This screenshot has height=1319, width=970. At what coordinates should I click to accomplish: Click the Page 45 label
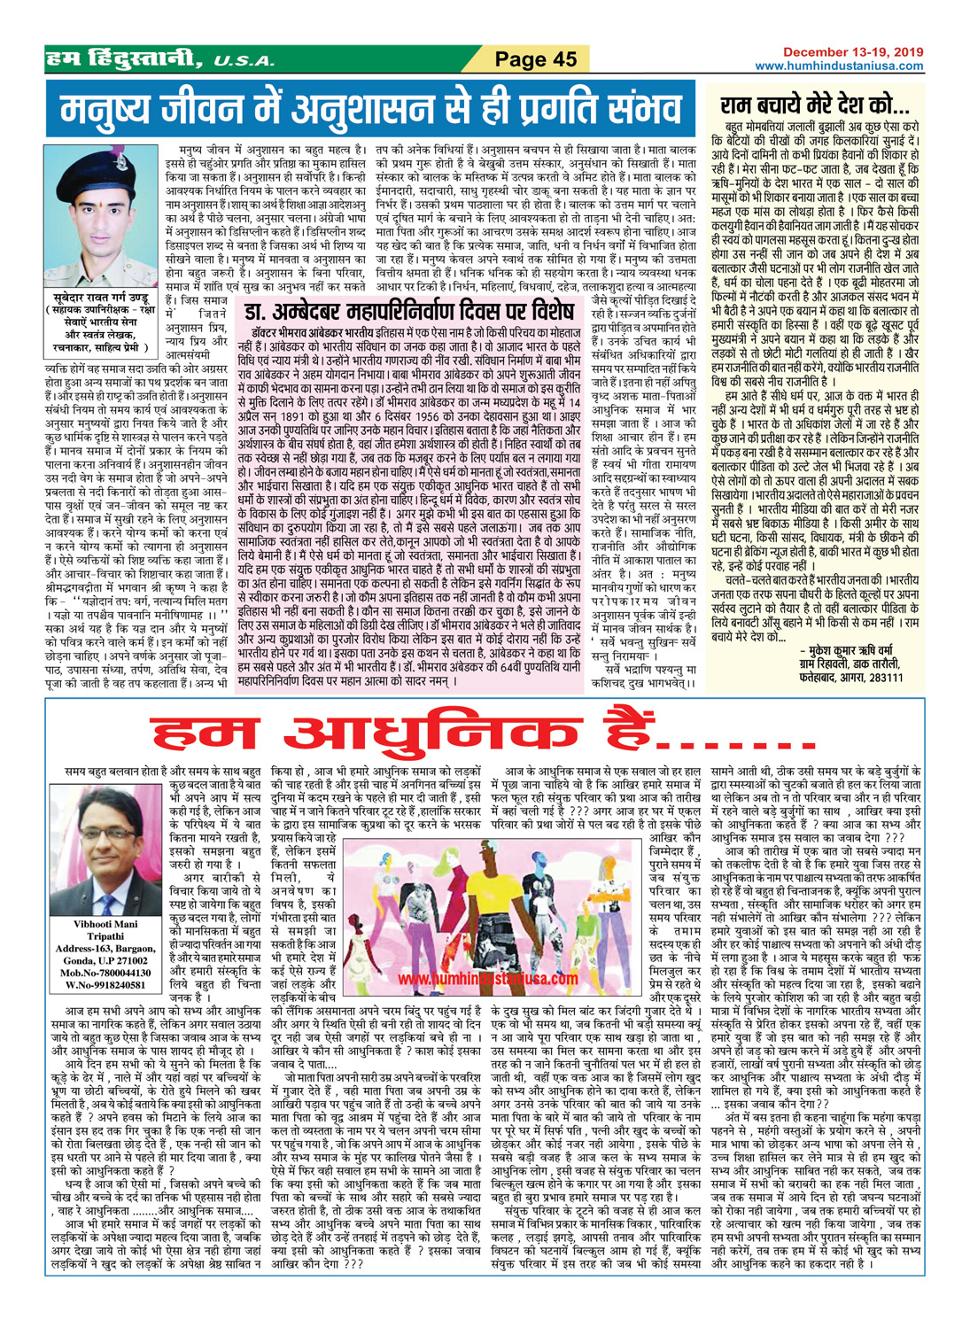536,59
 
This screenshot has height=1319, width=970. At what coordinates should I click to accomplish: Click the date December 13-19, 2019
853,53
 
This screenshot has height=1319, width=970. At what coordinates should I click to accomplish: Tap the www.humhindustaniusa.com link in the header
838,66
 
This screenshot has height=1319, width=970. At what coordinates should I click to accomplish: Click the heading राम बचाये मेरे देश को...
814,107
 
